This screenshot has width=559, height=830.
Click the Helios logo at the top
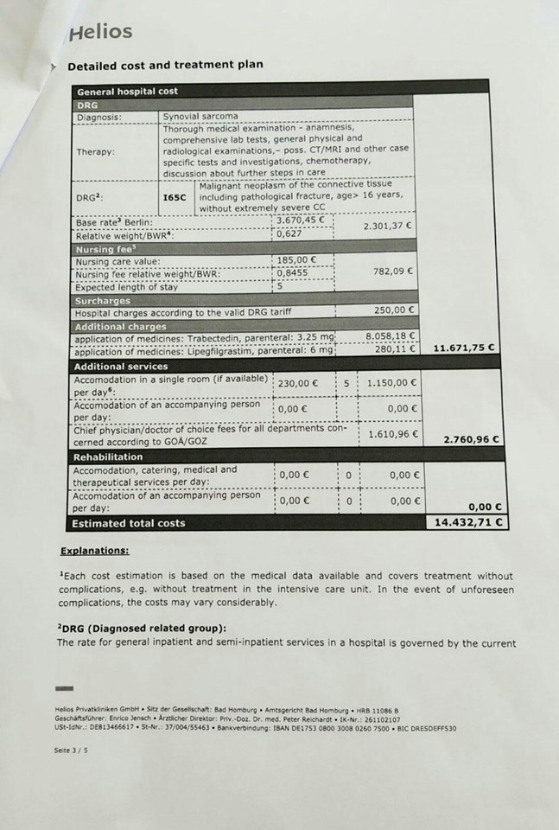point(100,33)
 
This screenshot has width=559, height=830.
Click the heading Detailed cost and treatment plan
point(165,65)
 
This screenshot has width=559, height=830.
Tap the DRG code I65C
point(175,196)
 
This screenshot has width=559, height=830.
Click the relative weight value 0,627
point(290,233)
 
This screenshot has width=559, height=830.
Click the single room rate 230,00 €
point(298,384)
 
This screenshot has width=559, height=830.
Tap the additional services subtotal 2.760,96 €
point(471,440)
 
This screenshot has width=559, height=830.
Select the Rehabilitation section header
point(108,456)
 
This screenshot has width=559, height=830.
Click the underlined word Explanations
point(95,551)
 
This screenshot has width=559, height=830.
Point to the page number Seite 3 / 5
point(71,750)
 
